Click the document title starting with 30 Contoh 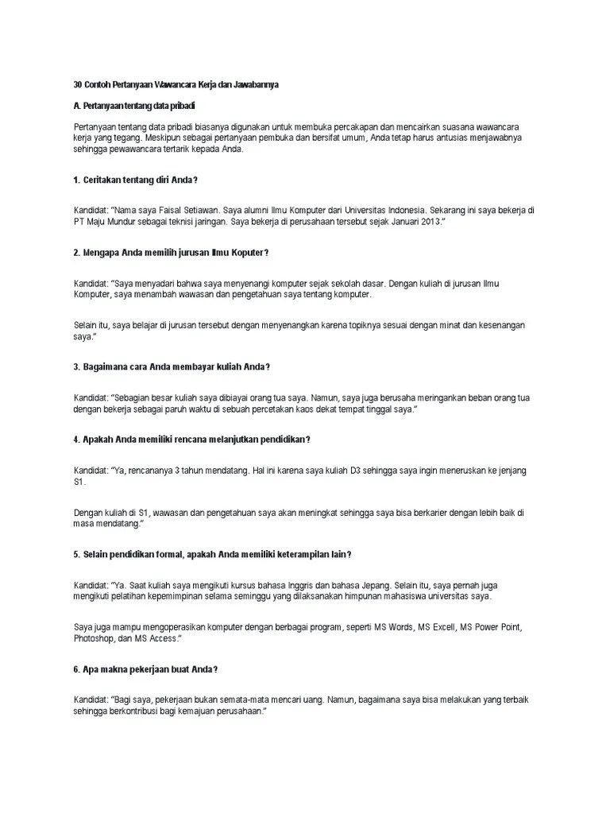point(176,84)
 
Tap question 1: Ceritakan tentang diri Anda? point(135,180)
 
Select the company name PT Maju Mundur point(109,224)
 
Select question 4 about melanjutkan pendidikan point(191,440)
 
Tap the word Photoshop point(97,638)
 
